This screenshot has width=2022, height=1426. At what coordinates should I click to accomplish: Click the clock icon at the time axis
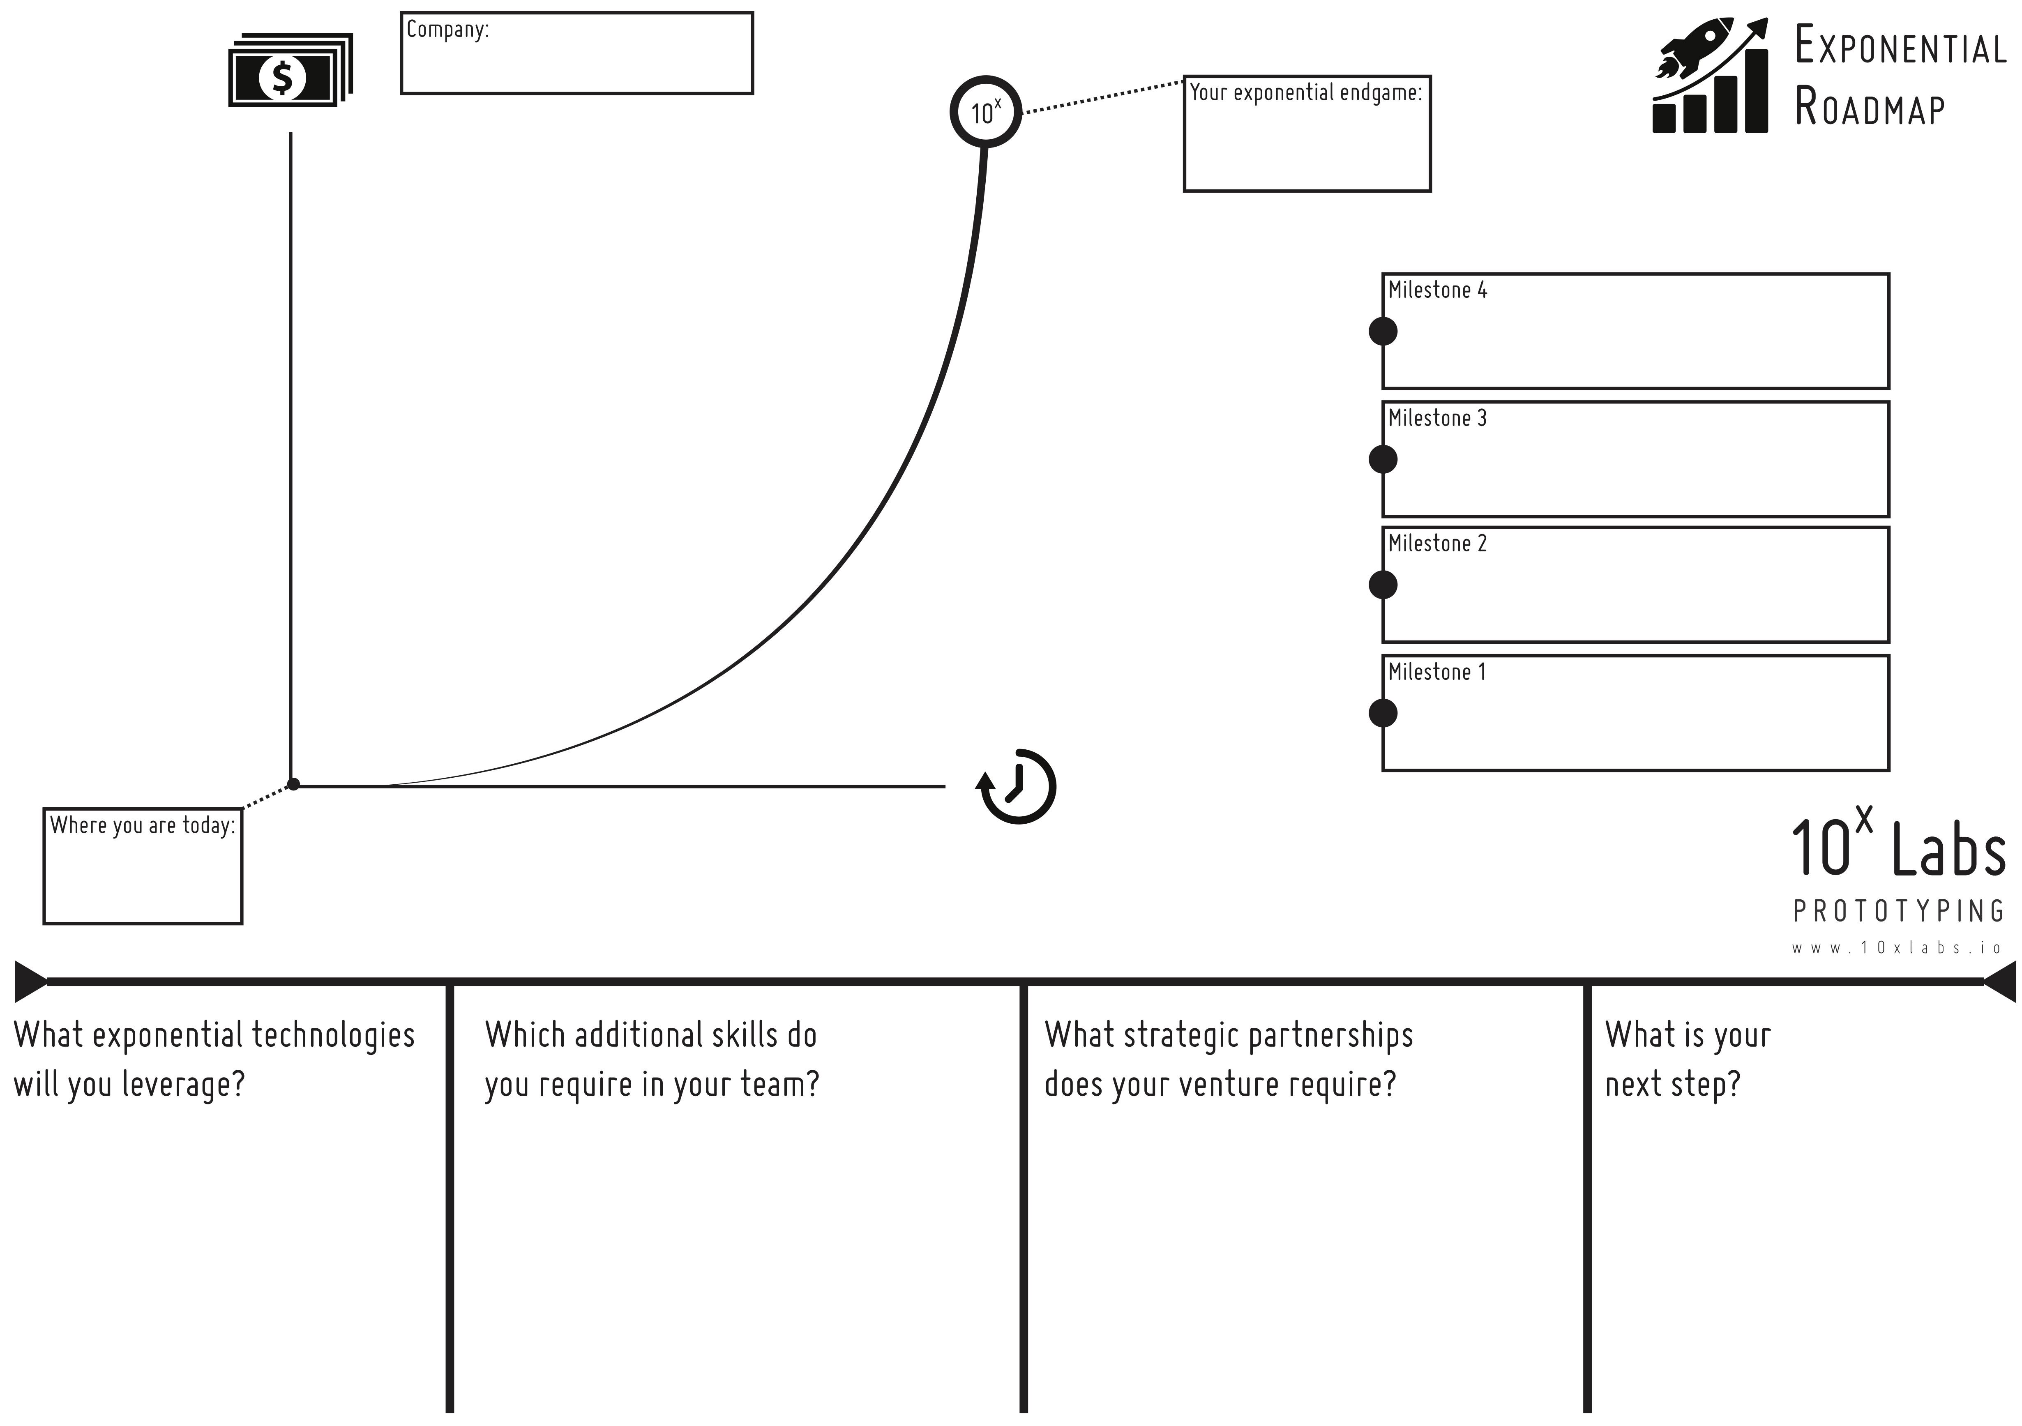pos(1017,787)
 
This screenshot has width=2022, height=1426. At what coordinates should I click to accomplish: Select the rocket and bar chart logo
pos(1710,76)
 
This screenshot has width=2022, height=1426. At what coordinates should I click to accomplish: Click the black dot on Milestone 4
pos(1383,331)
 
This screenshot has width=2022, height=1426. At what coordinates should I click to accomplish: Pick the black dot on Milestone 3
pos(1383,459)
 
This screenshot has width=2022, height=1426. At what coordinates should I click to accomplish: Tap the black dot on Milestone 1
pos(1383,712)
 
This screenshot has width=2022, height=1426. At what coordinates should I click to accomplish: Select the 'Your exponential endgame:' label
pos(1306,92)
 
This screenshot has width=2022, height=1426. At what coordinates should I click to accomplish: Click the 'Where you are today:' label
pos(143,825)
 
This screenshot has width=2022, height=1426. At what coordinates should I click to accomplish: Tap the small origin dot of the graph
pos(293,784)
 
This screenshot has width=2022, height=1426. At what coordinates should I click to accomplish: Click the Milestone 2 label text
pos(1437,544)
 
